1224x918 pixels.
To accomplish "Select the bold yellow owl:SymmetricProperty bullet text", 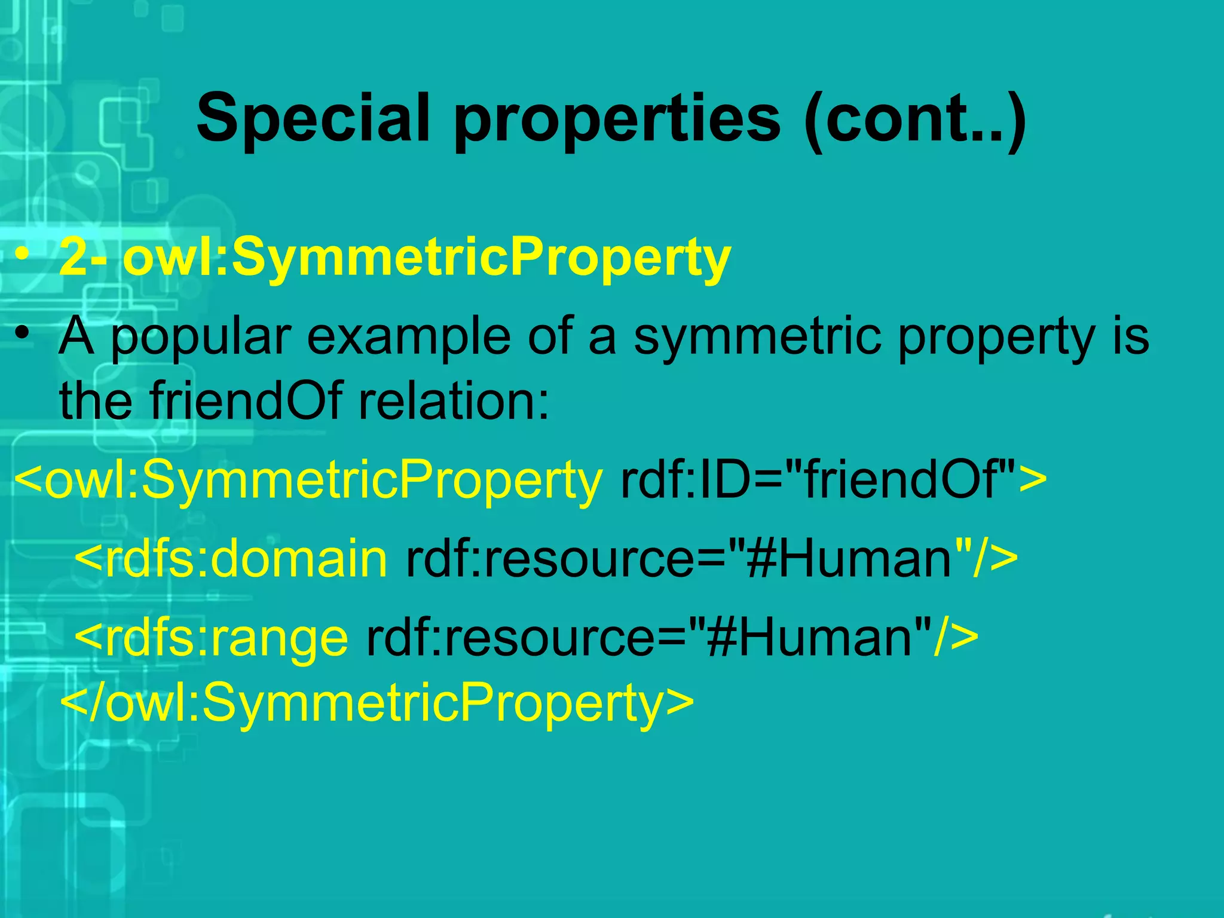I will pos(427,258).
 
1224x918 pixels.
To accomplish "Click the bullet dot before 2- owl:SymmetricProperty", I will pos(23,256).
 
